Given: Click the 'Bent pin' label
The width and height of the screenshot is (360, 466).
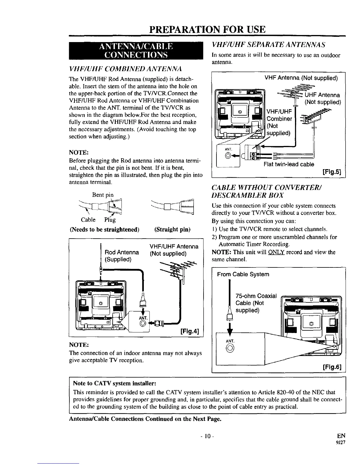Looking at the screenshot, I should coord(103,195).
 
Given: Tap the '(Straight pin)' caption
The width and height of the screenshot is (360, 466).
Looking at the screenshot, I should coord(172,229).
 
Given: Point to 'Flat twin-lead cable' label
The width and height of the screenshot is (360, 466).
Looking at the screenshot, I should coord(289,164).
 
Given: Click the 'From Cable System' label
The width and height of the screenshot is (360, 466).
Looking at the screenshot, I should coord(243,274).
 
